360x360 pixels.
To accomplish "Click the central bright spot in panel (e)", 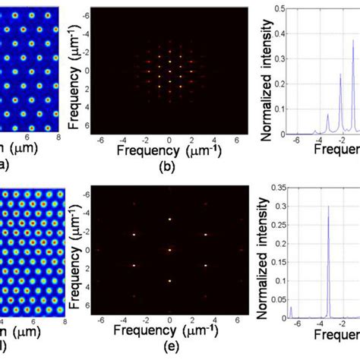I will point(169,250).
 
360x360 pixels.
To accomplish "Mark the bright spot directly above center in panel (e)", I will point(169,219).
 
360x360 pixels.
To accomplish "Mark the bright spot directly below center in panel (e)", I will point(169,281).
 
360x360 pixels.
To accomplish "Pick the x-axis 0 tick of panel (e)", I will point(170,321).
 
